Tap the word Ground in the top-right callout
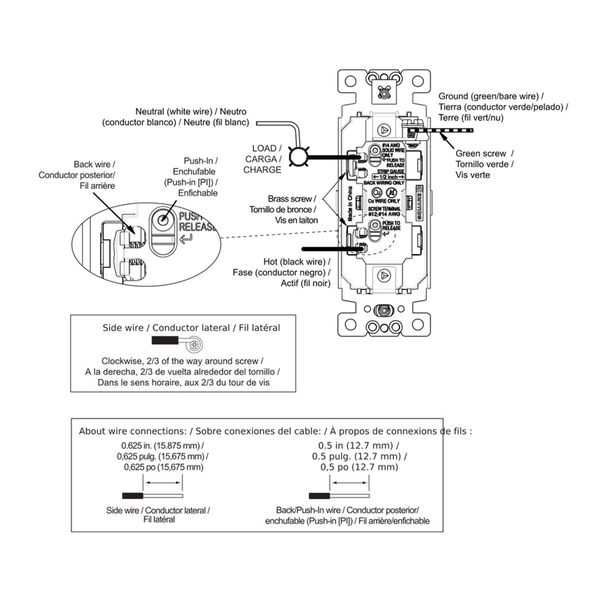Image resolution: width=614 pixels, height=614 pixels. pos(453,96)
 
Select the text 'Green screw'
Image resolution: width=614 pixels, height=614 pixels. pos(480,153)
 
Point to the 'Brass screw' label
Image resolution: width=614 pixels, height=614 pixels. pos(290,199)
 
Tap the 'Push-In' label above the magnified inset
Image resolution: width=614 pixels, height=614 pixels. pos(201,161)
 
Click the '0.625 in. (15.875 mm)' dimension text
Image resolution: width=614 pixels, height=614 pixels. pos(162,445)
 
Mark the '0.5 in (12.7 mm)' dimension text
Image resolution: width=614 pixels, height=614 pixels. pos(359,446)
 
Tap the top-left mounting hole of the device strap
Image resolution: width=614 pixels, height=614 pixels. pos(350,81)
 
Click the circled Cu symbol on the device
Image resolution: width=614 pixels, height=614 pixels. pos(377,192)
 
